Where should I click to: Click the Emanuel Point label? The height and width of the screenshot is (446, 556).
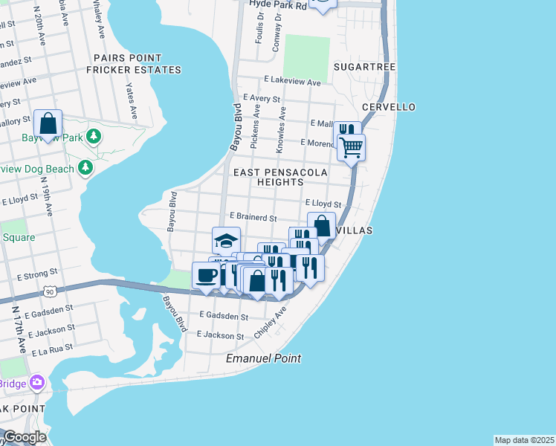coord(264,358)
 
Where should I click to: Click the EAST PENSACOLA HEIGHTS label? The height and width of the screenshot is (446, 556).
coord(280,177)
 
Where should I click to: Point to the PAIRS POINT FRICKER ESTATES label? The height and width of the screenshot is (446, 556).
coord(134,64)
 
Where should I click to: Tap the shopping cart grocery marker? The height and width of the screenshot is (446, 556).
coord(351,146)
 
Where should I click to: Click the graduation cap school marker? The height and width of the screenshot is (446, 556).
coord(226,240)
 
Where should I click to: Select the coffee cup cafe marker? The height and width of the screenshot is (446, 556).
coord(206,275)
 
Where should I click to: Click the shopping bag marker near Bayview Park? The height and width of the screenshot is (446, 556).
coord(48,123)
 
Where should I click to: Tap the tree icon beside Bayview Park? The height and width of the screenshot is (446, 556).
coord(93,136)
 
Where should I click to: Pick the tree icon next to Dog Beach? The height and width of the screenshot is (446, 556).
coord(86,168)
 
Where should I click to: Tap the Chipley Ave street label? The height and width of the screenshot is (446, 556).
coord(270,325)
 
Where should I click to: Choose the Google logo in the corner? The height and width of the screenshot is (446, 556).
coord(24,437)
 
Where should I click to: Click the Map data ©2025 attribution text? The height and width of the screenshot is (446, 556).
coord(524,440)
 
